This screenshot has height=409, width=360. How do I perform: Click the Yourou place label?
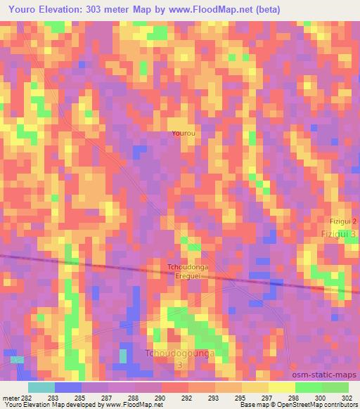(184, 132)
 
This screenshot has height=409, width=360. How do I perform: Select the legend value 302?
(347, 398)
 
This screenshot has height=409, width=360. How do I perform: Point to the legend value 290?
(160, 398)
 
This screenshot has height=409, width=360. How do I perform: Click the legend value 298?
(294, 398)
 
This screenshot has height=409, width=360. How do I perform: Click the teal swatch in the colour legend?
(41, 387)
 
